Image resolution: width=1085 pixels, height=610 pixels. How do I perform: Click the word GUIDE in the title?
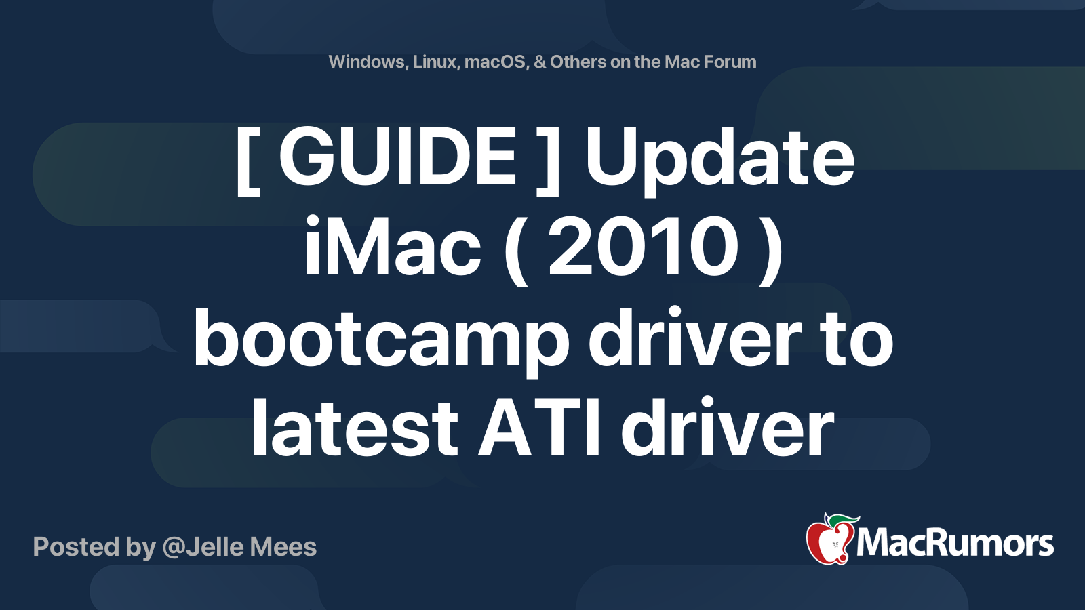pos(397,157)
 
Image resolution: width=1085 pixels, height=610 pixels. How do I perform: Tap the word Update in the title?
pos(719,162)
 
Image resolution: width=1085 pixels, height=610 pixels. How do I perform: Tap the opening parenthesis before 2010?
pos(516,250)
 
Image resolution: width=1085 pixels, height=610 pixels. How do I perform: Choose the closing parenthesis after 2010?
pos(771,250)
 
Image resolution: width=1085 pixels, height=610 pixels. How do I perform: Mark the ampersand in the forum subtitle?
pos(540,62)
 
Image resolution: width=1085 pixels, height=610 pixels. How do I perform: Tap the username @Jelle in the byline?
pos(203,547)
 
